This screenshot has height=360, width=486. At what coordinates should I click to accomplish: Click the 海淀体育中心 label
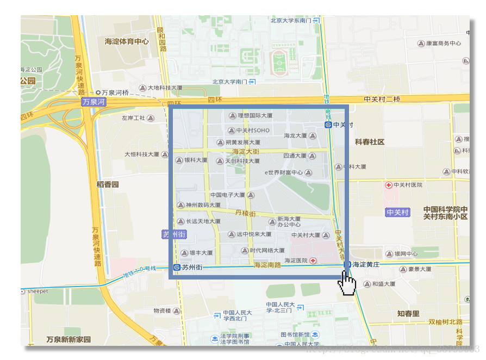[x=127, y=41]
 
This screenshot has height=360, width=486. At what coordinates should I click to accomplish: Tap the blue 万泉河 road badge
[x=94, y=102]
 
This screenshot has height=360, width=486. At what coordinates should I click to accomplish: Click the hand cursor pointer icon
[x=347, y=283]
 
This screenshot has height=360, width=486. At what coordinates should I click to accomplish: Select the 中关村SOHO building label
[x=253, y=131]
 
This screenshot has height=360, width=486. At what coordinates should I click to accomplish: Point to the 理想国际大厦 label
[x=255, y=115]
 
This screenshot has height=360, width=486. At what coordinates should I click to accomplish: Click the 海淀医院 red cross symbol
[x=313, y=261]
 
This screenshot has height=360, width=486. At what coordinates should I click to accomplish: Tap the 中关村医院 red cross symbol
[x=388, y=185]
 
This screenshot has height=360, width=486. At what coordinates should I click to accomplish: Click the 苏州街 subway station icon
[x=177, y=268]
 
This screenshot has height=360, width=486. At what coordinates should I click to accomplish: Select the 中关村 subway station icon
[x=328, y=125]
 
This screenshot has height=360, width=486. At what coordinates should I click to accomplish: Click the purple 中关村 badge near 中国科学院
[x=397, y=212]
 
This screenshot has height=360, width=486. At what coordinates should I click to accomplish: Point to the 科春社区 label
[x=370, y=142]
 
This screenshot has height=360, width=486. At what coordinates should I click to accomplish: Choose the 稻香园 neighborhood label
[x=108, y=184]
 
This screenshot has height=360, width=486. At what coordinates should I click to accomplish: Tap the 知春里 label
[x=408, y=313]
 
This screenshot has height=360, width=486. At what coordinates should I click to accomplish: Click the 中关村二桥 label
[x=382, y=99]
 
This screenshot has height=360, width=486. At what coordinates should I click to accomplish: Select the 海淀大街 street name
[x=246, y=151]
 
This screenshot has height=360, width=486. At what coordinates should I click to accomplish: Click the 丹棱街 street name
[x=245, y=213]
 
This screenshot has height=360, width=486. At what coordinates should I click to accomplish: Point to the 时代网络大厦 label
[x=267, y=251]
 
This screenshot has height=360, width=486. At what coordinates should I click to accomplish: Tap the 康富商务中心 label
[x=443, y=43]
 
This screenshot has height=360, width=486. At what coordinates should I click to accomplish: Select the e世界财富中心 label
[x=283, y=172]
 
